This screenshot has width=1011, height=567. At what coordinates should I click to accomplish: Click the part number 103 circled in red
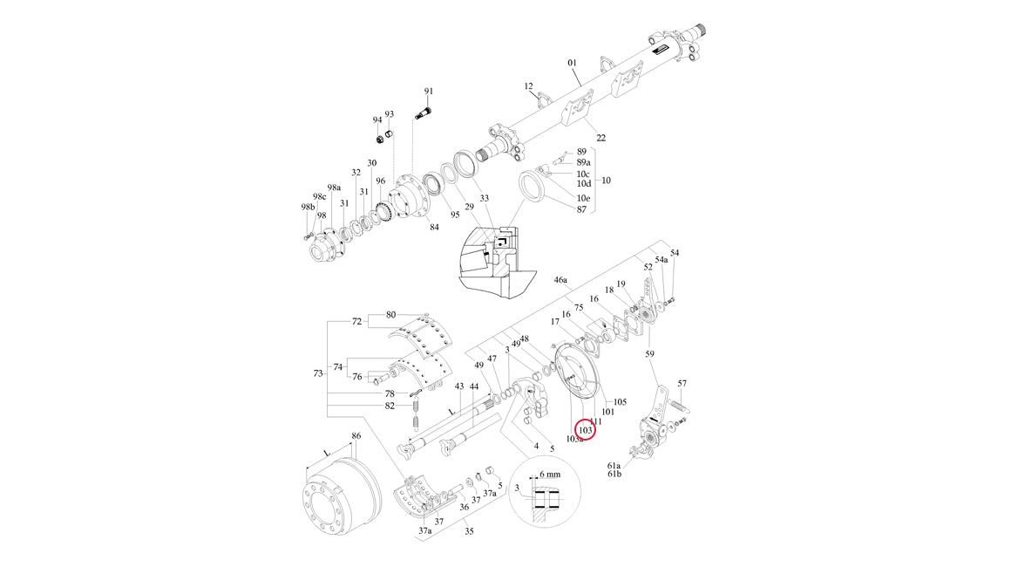click(x=586, y=430)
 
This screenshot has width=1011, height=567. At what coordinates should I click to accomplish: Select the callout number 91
click(x=429, y=92)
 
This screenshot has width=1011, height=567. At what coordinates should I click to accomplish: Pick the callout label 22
click(x=600, y=137)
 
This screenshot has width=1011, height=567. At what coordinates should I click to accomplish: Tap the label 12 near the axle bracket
click(x=528, y=86)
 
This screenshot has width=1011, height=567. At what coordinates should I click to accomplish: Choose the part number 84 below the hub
click(x=434, y=228)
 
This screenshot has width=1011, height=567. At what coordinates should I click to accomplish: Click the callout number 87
click(x=581, y=209)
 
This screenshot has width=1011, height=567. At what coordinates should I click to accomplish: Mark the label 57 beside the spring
click(x=682, y=383)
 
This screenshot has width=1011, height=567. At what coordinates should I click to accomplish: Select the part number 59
click(x=649, y=354)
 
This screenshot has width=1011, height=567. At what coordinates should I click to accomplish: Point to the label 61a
click(x=614, y=466)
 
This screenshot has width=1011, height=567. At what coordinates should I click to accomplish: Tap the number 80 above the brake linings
click(x=390, y=314)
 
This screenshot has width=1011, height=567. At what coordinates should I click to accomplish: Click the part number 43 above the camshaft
click(x=459, y=386)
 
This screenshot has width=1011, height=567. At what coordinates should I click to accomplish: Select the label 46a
click(x=560, y=281)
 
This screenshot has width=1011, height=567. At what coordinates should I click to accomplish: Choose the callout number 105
click(x=621, y=402)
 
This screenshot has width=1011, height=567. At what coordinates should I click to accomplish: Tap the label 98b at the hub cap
click(x=306, y=207)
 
